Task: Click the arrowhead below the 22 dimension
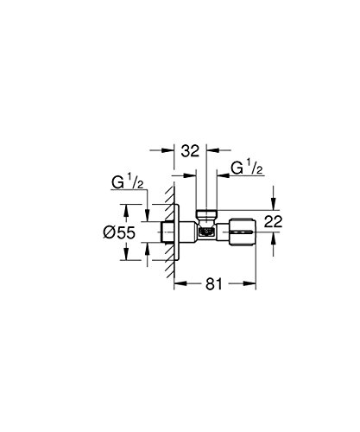(272, 247)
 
